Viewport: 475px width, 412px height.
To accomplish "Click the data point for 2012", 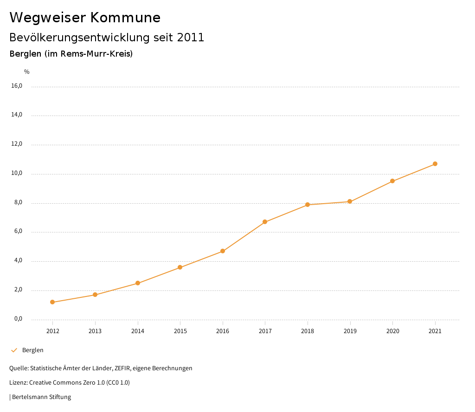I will tap(52, 302).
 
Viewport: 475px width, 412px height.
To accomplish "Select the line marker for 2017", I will tap(265, 222).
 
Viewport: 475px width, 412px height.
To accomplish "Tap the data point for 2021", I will tap(435, 164).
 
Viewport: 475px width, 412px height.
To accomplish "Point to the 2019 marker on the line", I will tap(350, 201).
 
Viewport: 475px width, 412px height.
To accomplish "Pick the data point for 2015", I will tap(180, 267).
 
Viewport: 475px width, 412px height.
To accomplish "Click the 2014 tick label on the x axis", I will tap(138, 331).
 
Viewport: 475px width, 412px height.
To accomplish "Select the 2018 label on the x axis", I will tap(308, 331).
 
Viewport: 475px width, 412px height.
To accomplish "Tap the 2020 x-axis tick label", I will tap(392, 331).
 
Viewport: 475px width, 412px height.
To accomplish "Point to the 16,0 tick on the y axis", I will tap(17, 86).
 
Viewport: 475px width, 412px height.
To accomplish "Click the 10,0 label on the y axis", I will tap(17, 174).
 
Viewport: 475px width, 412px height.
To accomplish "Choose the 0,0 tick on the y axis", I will tap(18, 319).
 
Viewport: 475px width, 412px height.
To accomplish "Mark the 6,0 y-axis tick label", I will tap(18, 232).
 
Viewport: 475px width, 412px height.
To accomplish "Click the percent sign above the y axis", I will tap(27, 72).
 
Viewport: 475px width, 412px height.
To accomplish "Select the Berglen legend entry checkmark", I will tap(14, 350).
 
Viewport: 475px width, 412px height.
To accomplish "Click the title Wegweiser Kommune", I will tap(85, 18).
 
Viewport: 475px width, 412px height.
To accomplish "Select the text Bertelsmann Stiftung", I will tap(41, 397).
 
